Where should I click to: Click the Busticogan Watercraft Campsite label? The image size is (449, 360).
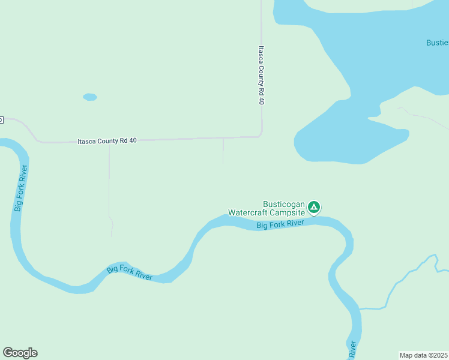pyautogui.click(x=267, y=208)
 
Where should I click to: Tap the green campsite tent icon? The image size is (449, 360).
pyautogui.click(x=313, y=208)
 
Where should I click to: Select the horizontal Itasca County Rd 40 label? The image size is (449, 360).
pyautogui.click(x=107, y=141)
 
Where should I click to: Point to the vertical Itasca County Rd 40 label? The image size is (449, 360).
pyautogui.click(x=261, y=76)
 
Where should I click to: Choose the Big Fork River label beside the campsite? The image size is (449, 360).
pyautogui.click(x=281, y=224)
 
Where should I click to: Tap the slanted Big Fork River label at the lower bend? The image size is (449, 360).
pyautogui.click(x=130, y=273)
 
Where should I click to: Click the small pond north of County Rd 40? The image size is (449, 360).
pyautogui.click(x=90, y=97)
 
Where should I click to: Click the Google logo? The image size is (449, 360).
pyautogui.click(x=20, y=353)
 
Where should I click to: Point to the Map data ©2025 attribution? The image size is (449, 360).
pyautogui.click(x=423, y=355)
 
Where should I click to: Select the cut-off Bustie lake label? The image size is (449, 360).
pyautogui.click(x=437, y=43)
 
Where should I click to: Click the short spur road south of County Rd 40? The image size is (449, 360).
pyautogui.click(x=223, y=151)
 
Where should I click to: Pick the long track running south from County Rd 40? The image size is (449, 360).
pyautogui.click(x=109, y=186)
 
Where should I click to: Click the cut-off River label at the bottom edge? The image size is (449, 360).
pyautogui.click(x=352, y=349)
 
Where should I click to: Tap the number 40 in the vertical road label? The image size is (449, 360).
pyautogui.click(x=261, y=100)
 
